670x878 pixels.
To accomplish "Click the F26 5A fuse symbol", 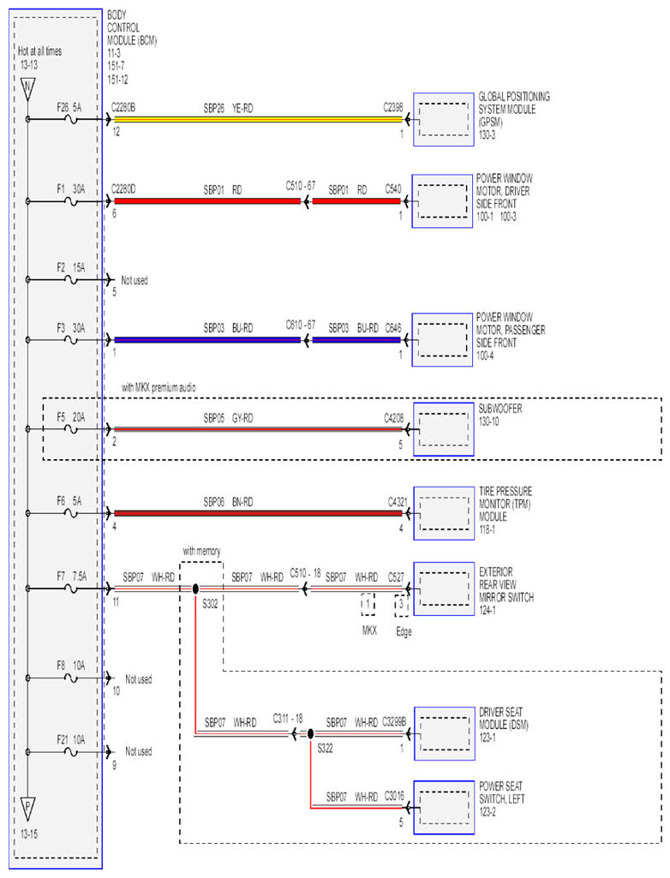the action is [x=71, y=119].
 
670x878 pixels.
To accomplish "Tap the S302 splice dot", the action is [x=195, y=588].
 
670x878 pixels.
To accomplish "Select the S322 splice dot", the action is [x=310, y=733].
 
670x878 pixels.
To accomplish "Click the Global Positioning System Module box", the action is [x=444, y=120].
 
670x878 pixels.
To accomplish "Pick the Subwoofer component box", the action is [x=444, y=429].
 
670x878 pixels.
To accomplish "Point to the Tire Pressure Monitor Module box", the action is [x=444, y=513].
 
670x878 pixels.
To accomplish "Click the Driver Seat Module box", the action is [x=444, y=733].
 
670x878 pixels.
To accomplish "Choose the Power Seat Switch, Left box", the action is [x=444, y=808].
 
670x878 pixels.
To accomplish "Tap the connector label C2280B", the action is [x=123, y=108].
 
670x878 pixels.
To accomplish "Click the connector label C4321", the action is [x=398, y=502].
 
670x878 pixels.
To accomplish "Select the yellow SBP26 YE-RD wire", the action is [x=258, y=119].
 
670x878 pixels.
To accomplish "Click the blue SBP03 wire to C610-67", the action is [x=207, y=340].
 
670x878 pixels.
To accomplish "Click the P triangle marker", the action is [x=27, y=809].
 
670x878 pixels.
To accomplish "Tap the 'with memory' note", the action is [x=201, y=551].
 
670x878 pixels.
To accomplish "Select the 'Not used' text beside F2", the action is [x=135, y=280].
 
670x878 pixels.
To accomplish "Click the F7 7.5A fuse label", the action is [x=70, y=576].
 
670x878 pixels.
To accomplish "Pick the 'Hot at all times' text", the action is [x=39, y=51].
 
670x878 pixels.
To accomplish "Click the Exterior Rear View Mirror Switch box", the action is [x=444, y=589].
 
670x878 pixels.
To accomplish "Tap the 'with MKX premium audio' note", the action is [x=159, y=387].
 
